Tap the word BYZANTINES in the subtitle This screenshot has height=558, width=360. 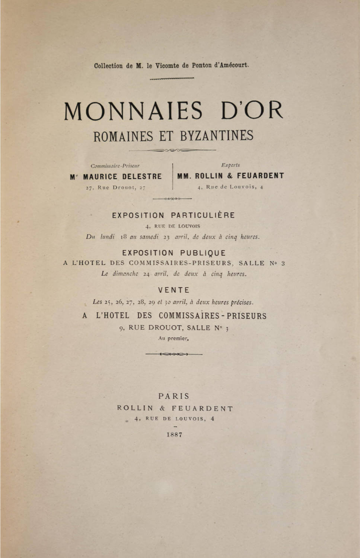point(217,136)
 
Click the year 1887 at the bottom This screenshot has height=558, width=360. point(175,434)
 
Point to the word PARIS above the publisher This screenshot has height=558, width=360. point(174,396)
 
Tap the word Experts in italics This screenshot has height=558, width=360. point(230,165)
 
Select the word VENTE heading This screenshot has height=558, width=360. point(174,290)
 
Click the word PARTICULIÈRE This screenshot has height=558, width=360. point(203,215)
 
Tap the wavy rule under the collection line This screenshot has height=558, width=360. point(172,78)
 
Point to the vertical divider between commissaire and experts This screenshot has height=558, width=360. point(173,176)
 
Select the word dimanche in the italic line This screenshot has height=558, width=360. point(125,274)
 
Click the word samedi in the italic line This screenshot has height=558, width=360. point(149,237)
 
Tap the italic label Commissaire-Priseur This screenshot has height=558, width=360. point(115,166)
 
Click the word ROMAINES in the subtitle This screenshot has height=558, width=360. point(123,136)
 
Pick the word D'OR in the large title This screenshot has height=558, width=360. point(252,111)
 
